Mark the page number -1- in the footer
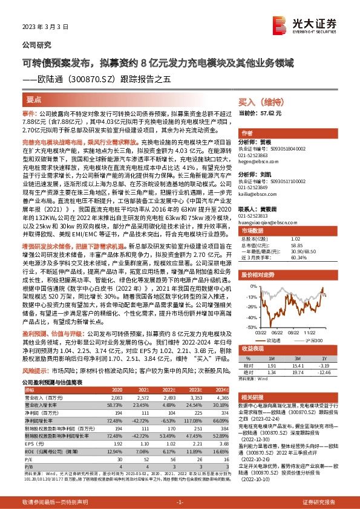pyautogui.click(x=179, y=502)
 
